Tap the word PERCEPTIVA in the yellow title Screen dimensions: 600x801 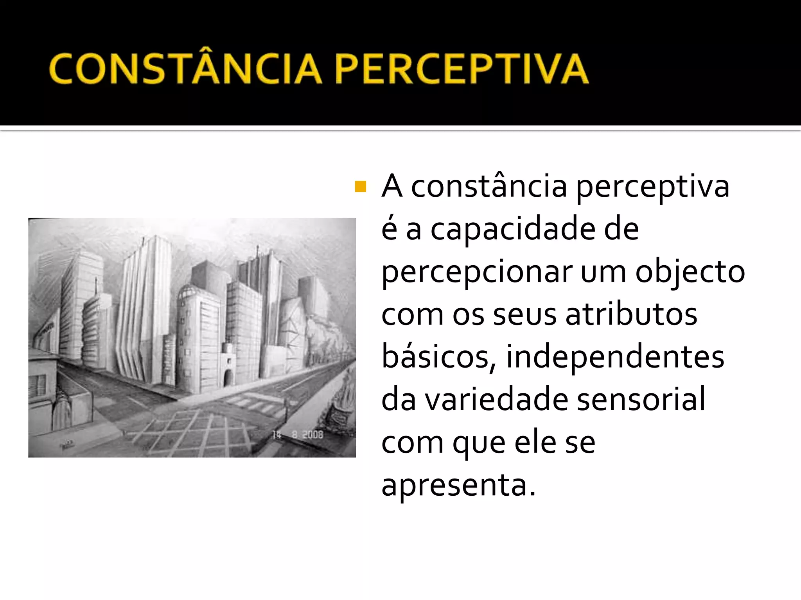[x=462, y=70]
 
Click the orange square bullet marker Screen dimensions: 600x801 [x=360, y=187]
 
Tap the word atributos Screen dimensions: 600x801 [x=631, y=314]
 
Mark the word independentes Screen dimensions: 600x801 [x=615, y=357]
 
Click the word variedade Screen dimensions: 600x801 [x=496, y=399]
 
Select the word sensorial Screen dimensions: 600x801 [x=641, y=399]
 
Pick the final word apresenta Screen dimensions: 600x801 [x=458, y=485]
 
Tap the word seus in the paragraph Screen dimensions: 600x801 [x=524, y=314]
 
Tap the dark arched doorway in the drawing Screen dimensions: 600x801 [x=227, y=377]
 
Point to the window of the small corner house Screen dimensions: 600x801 [x=38, y=385]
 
